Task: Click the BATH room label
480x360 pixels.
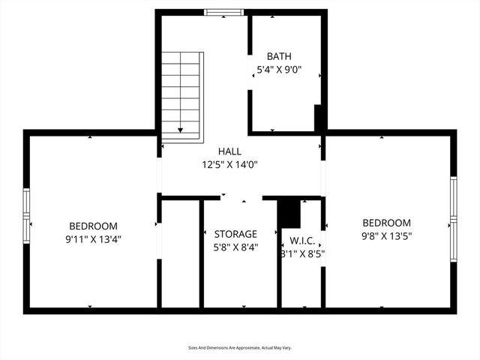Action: [x=279, y=56]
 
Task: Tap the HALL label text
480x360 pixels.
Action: [x=229, y=151]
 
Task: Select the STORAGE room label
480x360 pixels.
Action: [x=235, y=234]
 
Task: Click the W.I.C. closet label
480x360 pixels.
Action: [x=301, y=241]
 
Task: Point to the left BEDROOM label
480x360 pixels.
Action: [x=93, y=226]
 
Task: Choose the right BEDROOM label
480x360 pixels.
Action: [x=386, y=223]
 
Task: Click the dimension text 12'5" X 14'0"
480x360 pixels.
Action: [x=229, y=164]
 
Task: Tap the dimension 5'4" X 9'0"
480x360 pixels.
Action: [x=279, y=70]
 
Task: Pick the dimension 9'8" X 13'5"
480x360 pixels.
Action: [x=386, y=235]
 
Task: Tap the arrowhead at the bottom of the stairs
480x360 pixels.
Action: [x=181, y=130]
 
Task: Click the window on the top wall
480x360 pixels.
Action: [x=223, y=12]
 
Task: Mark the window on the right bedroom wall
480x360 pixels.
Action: [x=453, y=219]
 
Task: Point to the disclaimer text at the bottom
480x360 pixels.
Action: [x=239, y=348]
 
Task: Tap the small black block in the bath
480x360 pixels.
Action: [x=319, y=118]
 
